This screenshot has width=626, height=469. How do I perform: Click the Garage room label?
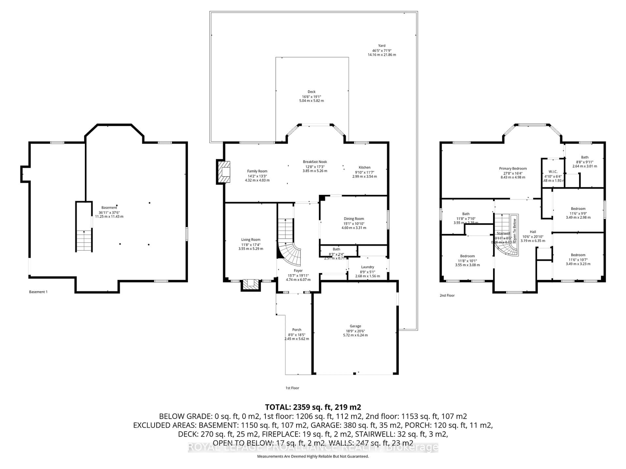[x=355, y=326]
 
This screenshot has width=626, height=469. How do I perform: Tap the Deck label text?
[x=311, y=92]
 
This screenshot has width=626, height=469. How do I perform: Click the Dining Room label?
[x=354, y=219]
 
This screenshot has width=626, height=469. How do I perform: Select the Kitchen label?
[x=365, y=167]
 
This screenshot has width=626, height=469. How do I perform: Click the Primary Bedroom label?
[x=513, y=169]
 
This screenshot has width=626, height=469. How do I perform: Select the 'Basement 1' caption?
[x=38, y=292]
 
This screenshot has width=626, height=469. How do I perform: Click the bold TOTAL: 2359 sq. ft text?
[x=313, y=407]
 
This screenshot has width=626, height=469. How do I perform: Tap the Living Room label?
[x=251, y=239]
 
